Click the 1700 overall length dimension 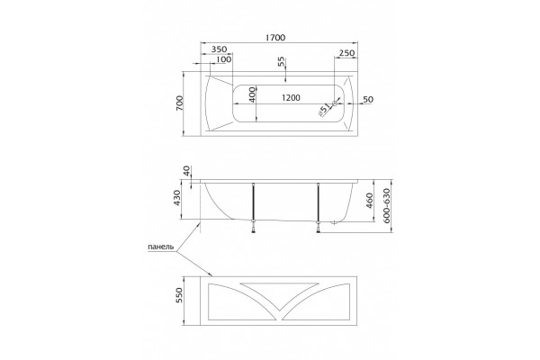point(275,37)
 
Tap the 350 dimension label point(219,49)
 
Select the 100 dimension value point(224,59)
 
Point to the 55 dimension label point(282,62)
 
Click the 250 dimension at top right point(346,53)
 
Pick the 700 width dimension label point(180,103)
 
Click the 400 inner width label point(252,95)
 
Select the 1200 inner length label point(291,98)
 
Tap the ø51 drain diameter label point(324,110)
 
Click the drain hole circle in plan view point(335,103)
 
